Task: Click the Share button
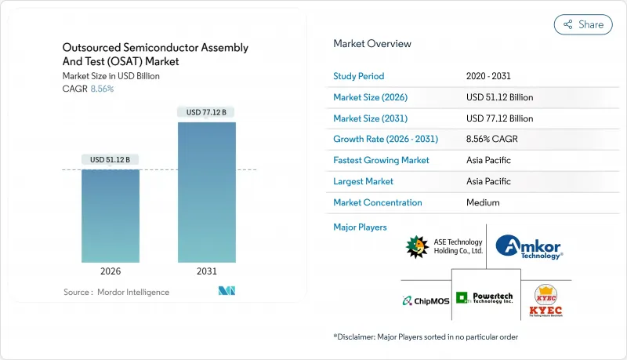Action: [x=583, y=24]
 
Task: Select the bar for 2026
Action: [x=111, y=216]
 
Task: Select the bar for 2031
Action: [x=206, y=192]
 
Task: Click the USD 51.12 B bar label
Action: [x=111, y=160]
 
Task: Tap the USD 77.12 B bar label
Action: [x=206, y=112]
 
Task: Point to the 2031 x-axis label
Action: [x=206, y=272]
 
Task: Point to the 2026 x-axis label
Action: [x=111, y=272]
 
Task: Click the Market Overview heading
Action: [x=372, y=44]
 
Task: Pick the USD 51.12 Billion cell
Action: [x=499, y=97]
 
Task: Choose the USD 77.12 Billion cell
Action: [x=499, y=118]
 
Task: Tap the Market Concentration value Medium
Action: [x=482, y=202]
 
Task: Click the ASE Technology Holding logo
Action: [x=444, y=247]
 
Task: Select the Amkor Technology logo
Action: [x=529, y=247]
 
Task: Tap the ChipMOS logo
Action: [x=426, y=300]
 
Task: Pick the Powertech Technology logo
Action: [x=485, y=298]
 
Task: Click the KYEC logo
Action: [x=545, y=300]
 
